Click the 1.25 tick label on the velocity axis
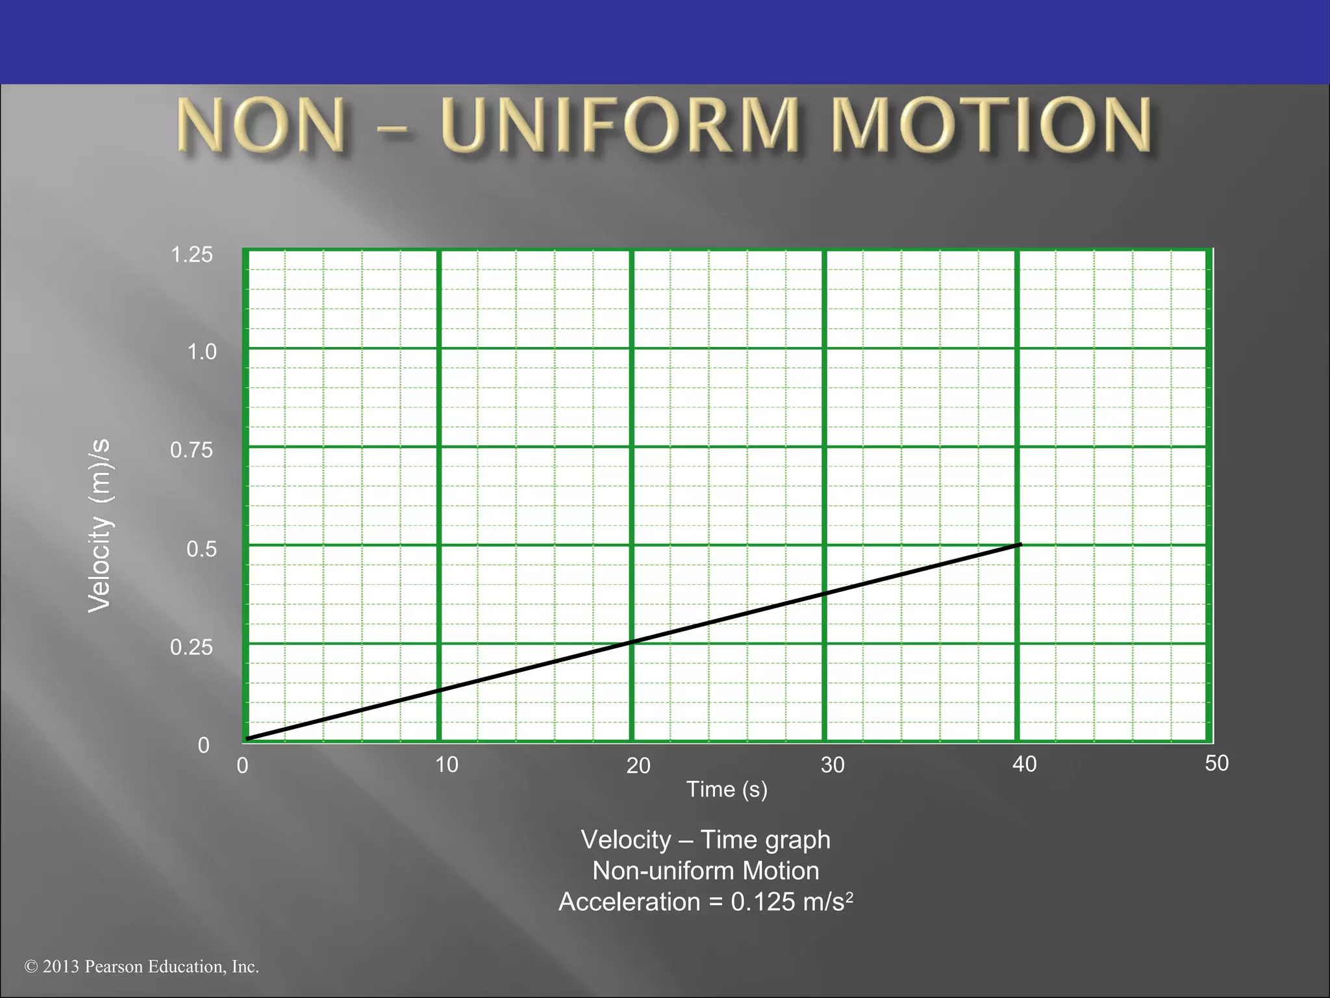[x=192, y=255]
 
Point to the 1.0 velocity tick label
[x=201, y=352]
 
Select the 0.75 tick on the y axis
[x=192, y=450]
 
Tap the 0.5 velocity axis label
[x=201, y=549]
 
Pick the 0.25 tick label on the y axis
[x=192, y=647]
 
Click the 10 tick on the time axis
[x=447, y=765]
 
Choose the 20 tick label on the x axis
[x=638, y=766]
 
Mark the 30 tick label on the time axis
[x=833, y=765]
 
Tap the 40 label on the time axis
[x=1024, y=764]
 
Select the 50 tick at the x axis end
[x=1217, y=763]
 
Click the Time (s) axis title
[x=727, y=789]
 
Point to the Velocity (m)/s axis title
[x=100, y=525]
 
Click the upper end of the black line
[x=1020, y=544]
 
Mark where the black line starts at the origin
[x=247, y=739]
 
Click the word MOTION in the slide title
[x=991, y=125]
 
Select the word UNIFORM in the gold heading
[x=620, y=125]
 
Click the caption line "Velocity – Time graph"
[x=705, y=839]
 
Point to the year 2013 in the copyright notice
[x=61, y=967]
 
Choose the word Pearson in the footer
[x=114, y=967]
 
